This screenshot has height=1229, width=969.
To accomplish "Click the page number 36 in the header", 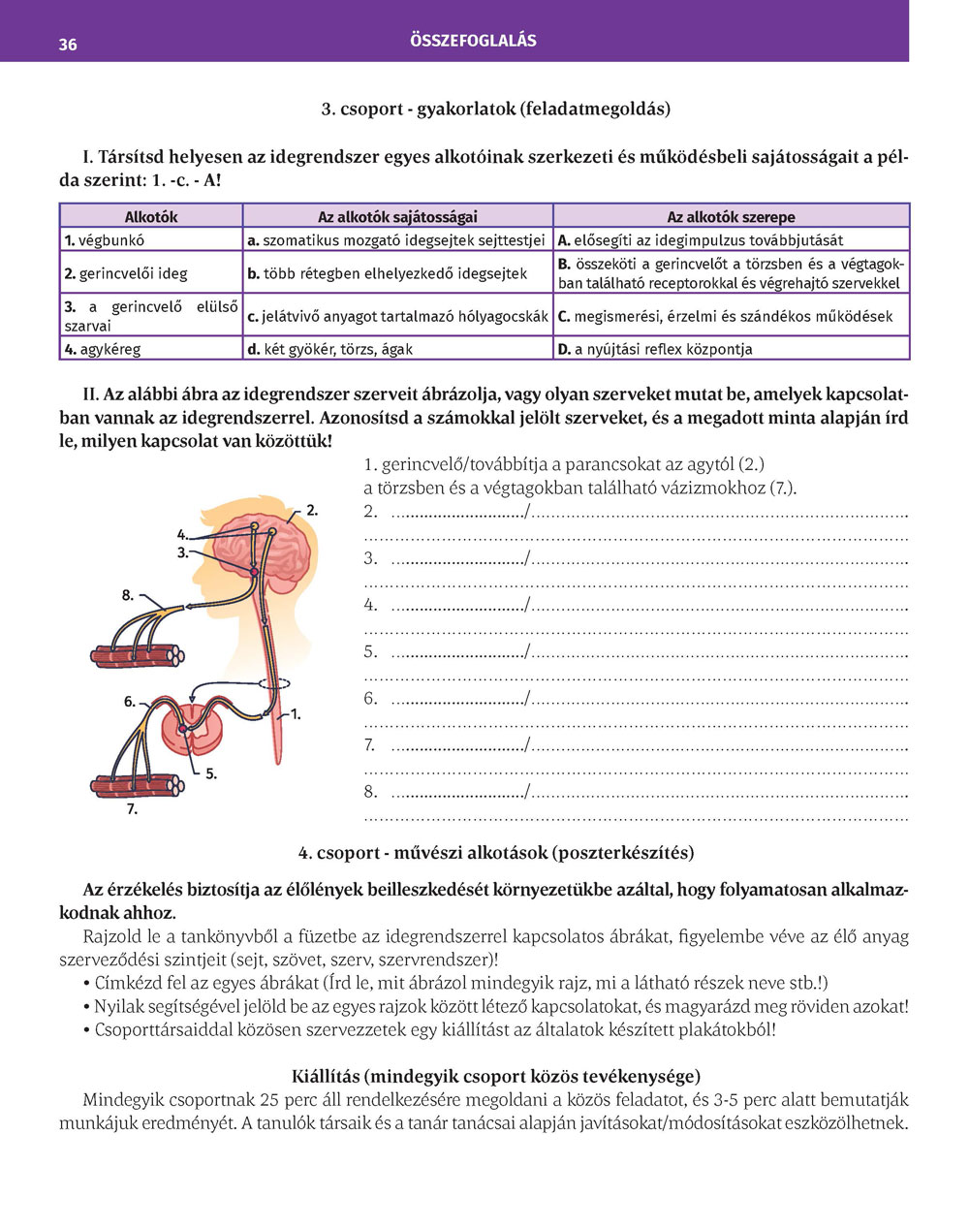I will click(x=68, y=45).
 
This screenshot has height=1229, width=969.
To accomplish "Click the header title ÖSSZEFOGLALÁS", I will click(x=473, y=41).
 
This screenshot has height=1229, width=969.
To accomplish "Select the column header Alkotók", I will click(x=151, y=217).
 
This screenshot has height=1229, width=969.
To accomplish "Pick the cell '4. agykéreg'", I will click(x=103, y=349).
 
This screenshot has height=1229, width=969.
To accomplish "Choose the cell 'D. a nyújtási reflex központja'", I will click(x=655, y=349).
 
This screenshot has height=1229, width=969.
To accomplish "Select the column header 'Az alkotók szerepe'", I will click(x=731, y=217).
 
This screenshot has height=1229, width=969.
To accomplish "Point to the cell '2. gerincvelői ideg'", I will click(x=126, y=273).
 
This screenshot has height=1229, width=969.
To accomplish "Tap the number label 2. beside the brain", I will click(x=312, y=510).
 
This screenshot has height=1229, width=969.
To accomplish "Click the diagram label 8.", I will click(x=128, y=596).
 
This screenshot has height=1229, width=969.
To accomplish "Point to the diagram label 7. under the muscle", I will click(x=132, y=808).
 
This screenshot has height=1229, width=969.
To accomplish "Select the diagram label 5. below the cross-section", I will click(x=211, y=774).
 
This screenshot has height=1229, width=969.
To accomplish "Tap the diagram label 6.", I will click(x=130, y=702).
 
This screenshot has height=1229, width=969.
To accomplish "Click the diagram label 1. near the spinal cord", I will click(x=296, y=714).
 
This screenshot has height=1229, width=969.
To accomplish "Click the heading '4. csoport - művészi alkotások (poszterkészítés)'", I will click(x=496, y=853).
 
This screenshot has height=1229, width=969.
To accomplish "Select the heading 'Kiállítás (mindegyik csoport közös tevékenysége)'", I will click(x=496, y=1076).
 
